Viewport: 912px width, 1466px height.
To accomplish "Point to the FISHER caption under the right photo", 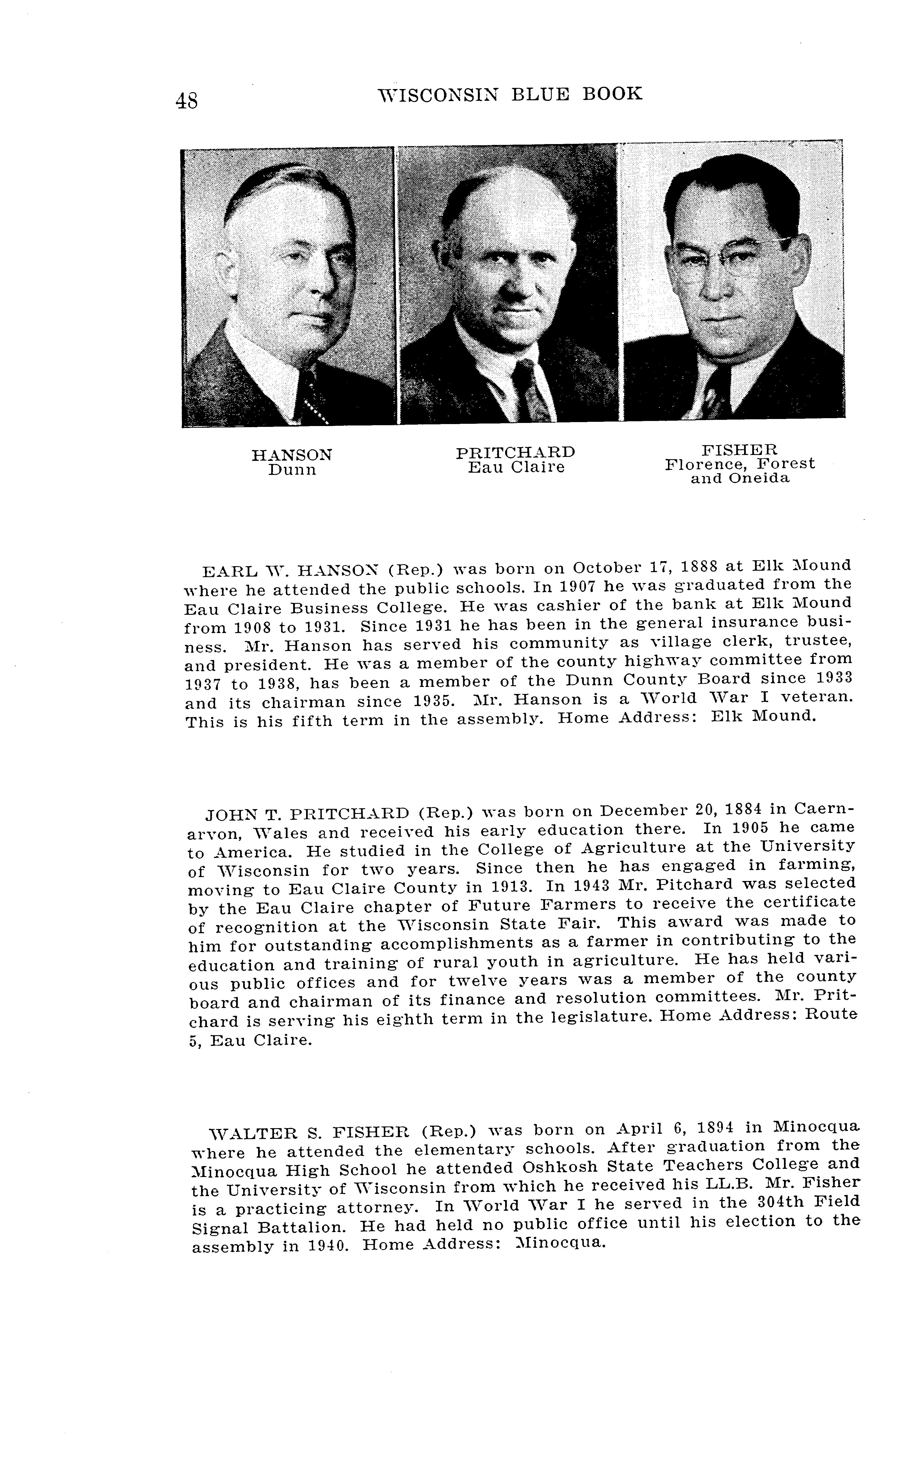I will (740, 450).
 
